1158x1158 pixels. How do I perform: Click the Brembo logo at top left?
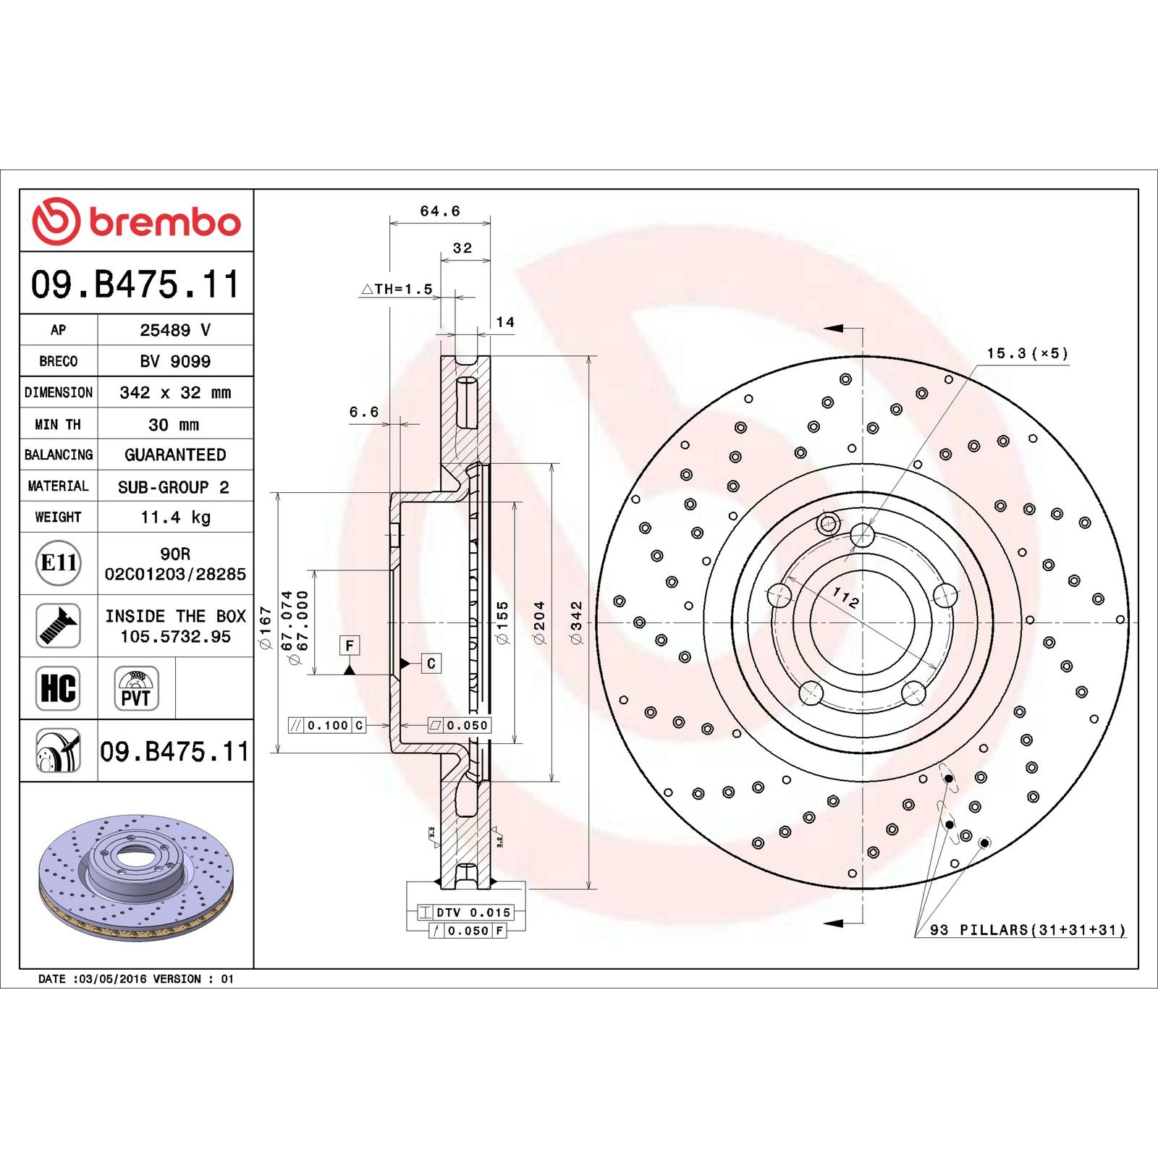pyautogui.click(x=136, y=221)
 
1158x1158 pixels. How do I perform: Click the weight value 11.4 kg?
pyautogui.click(x=175, y=517)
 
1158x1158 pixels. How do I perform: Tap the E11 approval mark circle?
pyautogui.click(x=59, y=563)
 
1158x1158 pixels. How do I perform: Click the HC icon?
pyautogui.click(x=58, y=688)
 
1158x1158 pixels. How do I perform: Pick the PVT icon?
pyautogui.click(x=136, y=689)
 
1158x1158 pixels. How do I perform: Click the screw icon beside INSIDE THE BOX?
pyautogui.click(x=58, y=626)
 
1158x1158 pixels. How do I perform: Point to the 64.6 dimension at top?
pyautogui.click(x=440, y=211)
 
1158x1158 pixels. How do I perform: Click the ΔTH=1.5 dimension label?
pyautogui.click(x=397, y=289)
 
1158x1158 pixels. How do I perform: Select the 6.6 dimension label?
pyautogui.click(x=364, y=412)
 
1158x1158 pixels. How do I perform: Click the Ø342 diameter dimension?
pyautogui.click(x=576, y=622)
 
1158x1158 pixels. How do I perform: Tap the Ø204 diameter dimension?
pyautogui.click(x=539, y=622)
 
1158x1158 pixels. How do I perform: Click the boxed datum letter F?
pyautogui.click(x=350, y=645)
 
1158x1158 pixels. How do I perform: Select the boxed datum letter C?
pyautogui.click(x=431, y=663)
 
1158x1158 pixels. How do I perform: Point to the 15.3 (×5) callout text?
pyautogui.click(x=1027, y=354)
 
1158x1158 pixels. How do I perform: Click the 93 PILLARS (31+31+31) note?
pyautogui.click(x=1028, y=930)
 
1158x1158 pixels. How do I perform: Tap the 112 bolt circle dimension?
pyautogui.click(x=845, y=598)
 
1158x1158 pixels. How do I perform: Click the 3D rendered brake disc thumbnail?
pyautogui.click(x=136, y=877)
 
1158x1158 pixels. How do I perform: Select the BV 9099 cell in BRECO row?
pyautogui.click(x=175, y=361)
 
